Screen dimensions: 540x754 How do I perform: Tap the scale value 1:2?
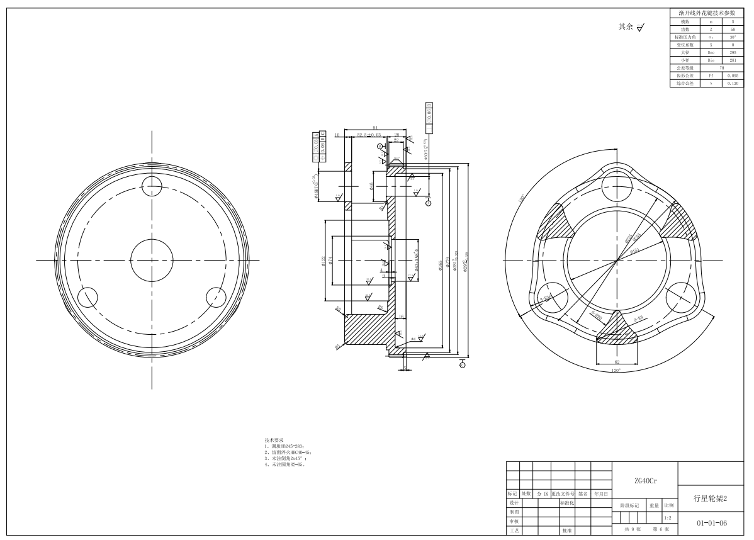tap(667, 518)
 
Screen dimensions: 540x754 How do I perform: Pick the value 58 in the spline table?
tap(733, 29)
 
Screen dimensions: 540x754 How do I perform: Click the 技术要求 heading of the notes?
tap(274, 440)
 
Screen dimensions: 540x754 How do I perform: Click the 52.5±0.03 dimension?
tap(369, 135)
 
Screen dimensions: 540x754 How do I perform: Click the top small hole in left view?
tap(152, 184)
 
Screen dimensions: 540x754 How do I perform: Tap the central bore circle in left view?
tap(152, 260)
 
